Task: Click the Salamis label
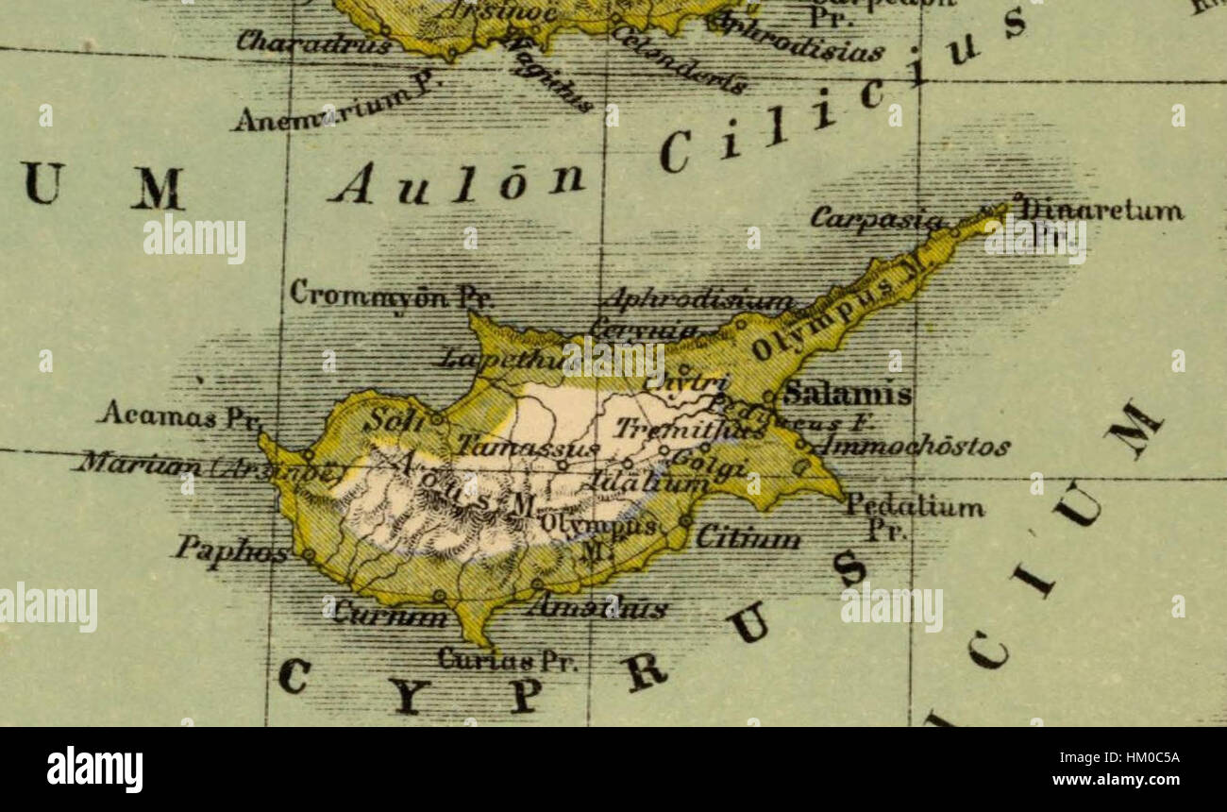click(x=848, y=394)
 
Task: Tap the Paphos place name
click(x=231, y=550)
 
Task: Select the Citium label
click(x=748, y=538)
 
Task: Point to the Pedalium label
click(x=914, y=507)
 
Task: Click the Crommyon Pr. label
click(x=391, y=294)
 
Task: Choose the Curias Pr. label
click(x=508, y=659)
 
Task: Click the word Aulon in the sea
click(x=457, y=182)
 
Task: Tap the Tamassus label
click(x=528, y=446)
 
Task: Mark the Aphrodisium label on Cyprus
click(x=697, y=300)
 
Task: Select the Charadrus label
click(x=313, y=42)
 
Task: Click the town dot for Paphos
click(x=308, y=555)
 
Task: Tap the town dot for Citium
click(x=685, y=520)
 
